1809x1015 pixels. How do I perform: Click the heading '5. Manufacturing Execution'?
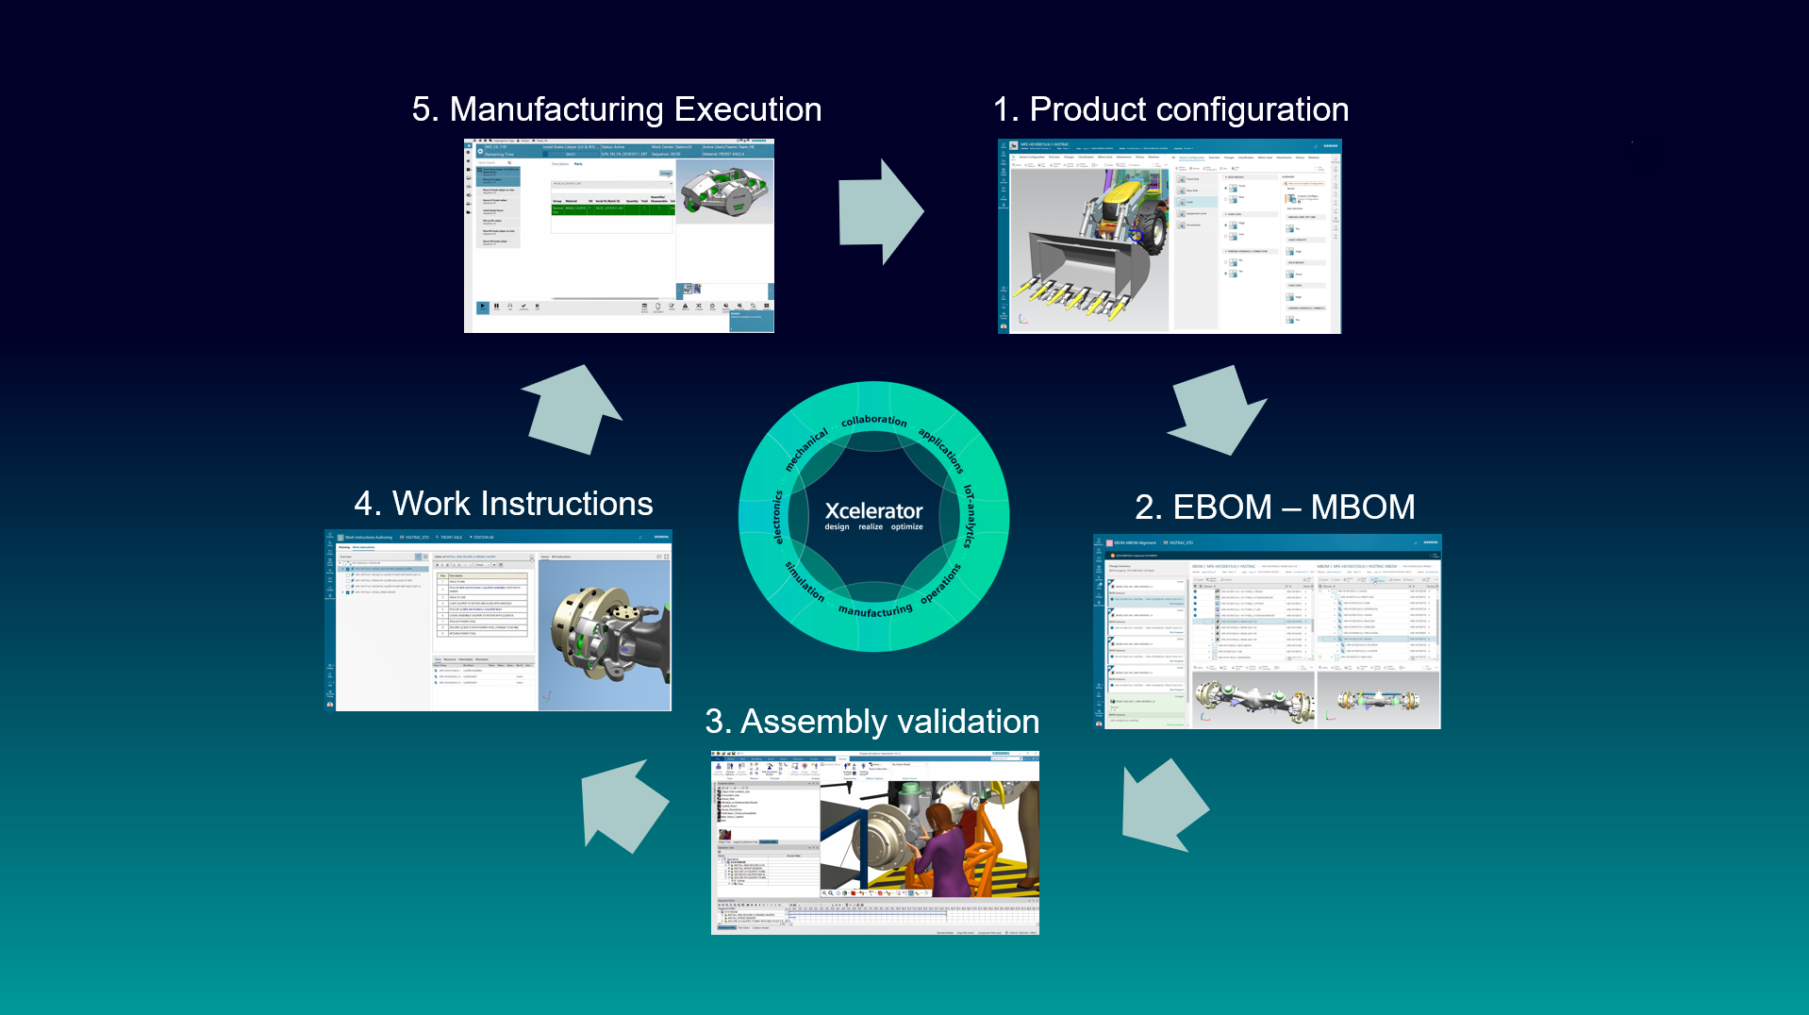tap(617, 109)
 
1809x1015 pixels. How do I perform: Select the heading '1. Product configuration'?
tap(1170, 109)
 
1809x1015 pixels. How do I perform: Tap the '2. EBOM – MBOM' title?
tap(1274, 507)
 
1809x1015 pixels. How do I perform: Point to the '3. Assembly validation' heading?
tap(871, 722)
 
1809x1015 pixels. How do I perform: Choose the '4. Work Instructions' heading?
tap(504, 504)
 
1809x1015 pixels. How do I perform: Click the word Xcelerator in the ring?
tap(873, 510)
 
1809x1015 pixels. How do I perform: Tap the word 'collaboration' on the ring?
tap(873, 420)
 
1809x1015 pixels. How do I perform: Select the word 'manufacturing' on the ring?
tap(875, 610)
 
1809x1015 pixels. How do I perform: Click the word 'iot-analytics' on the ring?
tap(969, 516)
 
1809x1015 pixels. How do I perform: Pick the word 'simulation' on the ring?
tap(805, 581)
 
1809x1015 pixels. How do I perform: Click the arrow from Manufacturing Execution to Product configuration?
tap(880, 211)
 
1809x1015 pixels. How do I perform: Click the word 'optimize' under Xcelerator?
tap(906, 527)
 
